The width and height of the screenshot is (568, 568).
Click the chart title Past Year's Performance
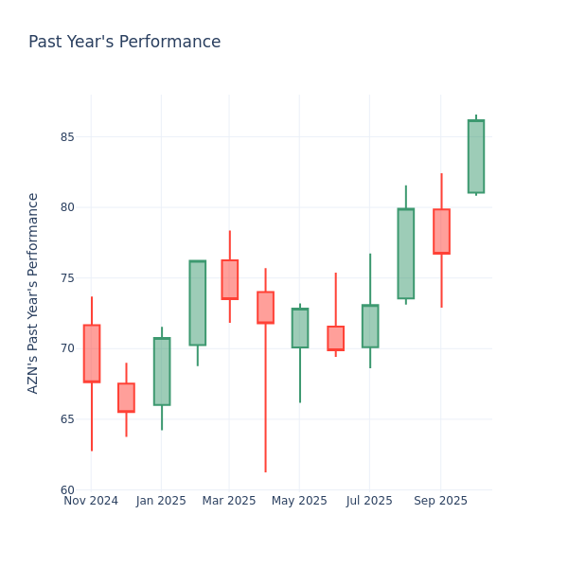(124, 43)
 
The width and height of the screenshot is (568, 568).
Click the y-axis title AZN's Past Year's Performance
(33, 293)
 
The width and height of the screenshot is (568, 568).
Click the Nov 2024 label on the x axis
(91, 501)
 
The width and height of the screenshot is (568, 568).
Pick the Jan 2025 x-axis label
(161, 501)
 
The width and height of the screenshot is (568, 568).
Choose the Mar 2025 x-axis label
(229, 501)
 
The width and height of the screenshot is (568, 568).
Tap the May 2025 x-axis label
(299, 501)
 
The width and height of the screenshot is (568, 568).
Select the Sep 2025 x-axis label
(440, 501)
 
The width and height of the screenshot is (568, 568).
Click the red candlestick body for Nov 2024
(91, 353)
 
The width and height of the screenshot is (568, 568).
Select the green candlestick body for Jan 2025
(162, 371)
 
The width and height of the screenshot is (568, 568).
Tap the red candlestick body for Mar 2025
(230, 279)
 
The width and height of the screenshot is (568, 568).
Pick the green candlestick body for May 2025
(300, 328)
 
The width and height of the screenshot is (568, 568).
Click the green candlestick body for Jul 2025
(370, 326)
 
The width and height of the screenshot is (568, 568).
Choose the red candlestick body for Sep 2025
(441, 231)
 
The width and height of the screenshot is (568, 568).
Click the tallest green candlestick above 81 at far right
(476, 156)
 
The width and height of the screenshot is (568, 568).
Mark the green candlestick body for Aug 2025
(405, 254)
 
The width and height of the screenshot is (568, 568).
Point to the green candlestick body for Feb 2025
(197, 303)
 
